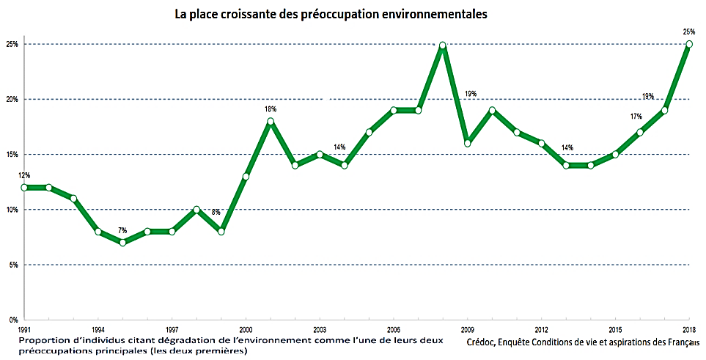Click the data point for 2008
[443, 45]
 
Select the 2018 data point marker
[688, 45]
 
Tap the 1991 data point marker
[23, 187]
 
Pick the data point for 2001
[271, 122]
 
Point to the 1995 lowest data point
[122, 243]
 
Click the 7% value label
[122, 231]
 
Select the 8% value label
[216, 213]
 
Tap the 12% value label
[23, 175]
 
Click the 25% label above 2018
[688, 32]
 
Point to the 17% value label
[636, 117]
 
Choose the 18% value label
[271, 109]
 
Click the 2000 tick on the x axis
[246, 330]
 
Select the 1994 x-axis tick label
[98, 330]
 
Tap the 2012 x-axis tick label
[541, 330]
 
